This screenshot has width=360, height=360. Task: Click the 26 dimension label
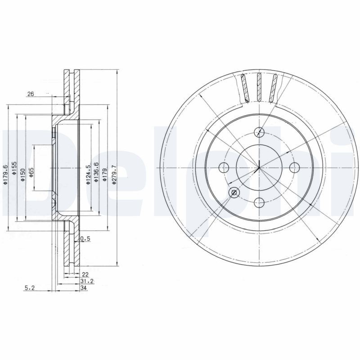click(x=31, y=94)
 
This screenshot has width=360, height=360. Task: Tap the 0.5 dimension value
click(x=85, y=239)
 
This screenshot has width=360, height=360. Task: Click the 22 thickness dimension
click(x=85, y=274)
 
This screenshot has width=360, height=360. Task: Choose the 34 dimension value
click(x=84, y=288)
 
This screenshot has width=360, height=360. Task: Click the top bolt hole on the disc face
click(x=259, y=132)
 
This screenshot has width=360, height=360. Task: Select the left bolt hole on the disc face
click(x=224, y=168)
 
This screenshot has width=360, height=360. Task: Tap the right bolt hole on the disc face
click(x=295, y=168)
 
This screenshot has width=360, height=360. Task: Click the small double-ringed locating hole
click(x=234, y=193)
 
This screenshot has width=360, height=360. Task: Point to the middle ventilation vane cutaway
click(x=259, y=87)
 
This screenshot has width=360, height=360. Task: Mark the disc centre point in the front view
click(x=259, y=168)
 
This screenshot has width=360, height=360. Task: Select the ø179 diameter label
click(x=104, y=174)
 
